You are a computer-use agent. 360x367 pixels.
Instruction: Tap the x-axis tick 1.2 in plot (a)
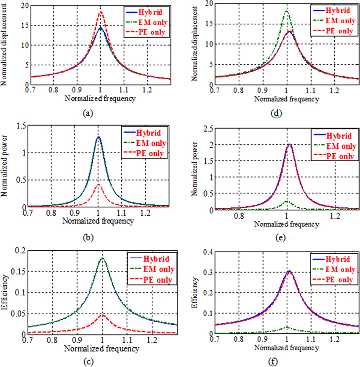tap(145, 90)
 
